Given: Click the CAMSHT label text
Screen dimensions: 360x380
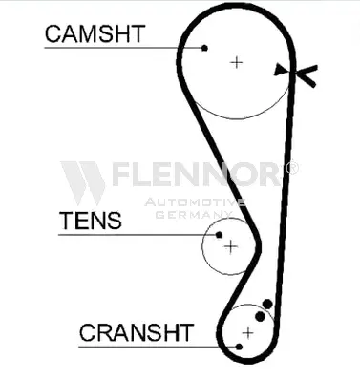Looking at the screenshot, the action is pyautogui.click(x=95, y=33).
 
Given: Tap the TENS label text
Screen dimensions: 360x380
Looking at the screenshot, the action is pyautogui.click(x=91, y=221).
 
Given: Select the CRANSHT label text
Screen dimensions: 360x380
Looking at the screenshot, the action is pyautogui.click(x=137, y=332).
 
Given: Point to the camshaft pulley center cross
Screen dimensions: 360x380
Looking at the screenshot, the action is pyautogui.click(x=236, y=62).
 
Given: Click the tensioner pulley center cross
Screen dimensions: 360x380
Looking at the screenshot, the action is pyautogui.click(x=231, y=246).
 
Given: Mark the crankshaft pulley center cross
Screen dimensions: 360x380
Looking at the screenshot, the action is pyautogui.click(x=247, y=333).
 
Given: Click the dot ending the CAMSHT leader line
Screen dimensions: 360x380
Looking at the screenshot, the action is pyautogui.click(x=204, y=48).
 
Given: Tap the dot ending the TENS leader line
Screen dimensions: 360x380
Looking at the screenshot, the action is pyautogui.click(x=219, y=235).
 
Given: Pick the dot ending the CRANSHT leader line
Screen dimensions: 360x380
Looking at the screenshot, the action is pyautogui.click(x=239, y=347).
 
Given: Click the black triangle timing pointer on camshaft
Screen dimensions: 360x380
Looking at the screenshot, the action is pyautogui.click(x=280, y=70).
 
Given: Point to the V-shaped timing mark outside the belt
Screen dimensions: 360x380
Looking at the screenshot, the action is pyautogui.click(x=305, y=75).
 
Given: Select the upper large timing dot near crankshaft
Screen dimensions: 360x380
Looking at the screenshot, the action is pyautogui.click(x=267, y=305).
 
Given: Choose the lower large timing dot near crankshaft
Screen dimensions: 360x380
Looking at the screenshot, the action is pyautogui.click(x=260, y=316).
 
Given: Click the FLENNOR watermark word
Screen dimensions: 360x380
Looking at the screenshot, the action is pyautogui.click(x=197, y=174).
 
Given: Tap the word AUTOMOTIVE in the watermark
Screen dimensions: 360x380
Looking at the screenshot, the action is pyautogui.click(x=195, y=202).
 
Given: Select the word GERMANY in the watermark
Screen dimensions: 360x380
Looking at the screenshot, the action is pyautogui.click(x=194, y=214).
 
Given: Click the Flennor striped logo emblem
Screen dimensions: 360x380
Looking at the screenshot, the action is pyautogui.click(x=84, y=182).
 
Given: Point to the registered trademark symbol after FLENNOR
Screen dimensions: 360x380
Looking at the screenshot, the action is pyautogui.click(x=291, y=168).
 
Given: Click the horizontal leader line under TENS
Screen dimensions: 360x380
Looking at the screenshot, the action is pyautogui.click(x=137, y=235).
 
